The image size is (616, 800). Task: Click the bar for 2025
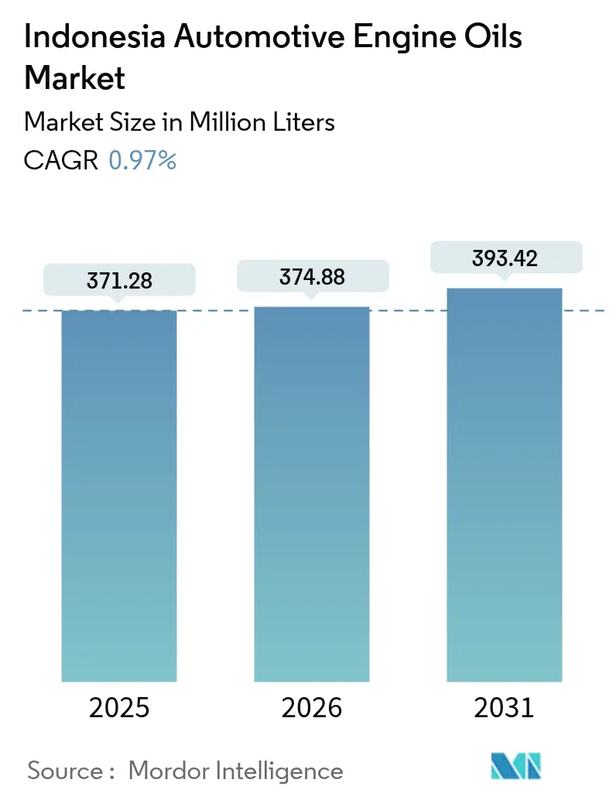(119, 495)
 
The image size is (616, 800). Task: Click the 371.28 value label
(119, 281)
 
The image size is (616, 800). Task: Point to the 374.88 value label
(311, 276)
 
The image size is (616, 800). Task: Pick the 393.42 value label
(504, 258)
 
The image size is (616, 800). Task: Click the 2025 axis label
(119, 707)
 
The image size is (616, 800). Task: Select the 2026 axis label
(311, 707)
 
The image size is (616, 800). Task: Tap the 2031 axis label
(504, 707)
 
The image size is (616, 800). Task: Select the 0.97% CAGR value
(142, 160)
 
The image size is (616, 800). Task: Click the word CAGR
(61, 160)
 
